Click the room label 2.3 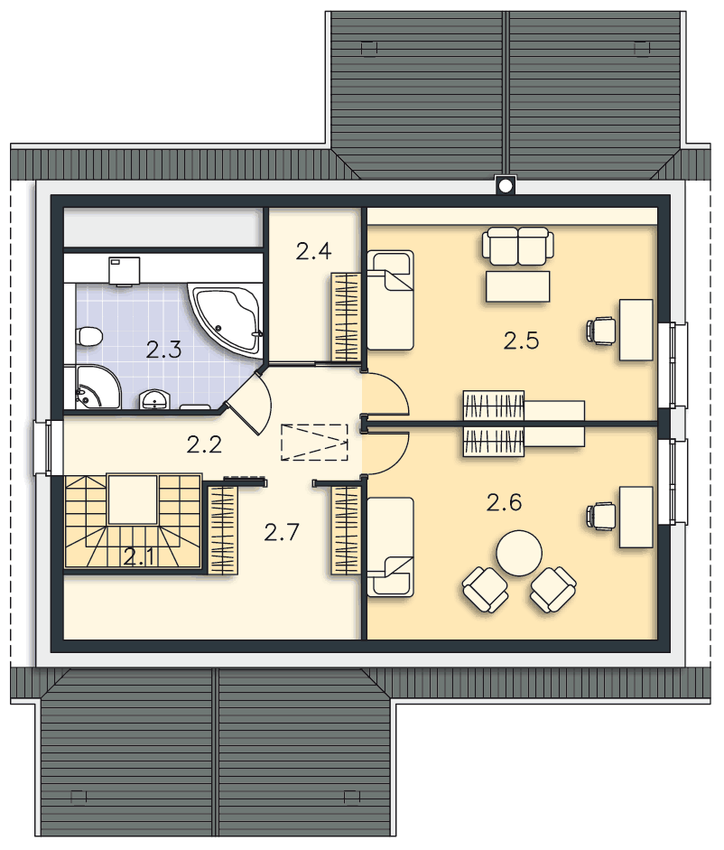click(x=163, y=350)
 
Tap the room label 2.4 click(x=314, y=251)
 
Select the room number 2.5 click(x=521, y=341)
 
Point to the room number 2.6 click(x=504, y=502)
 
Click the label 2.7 click(x=282, y=532)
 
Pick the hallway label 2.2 click(x=204, y=444)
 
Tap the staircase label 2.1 click(x=139, y=556)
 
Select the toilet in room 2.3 click(x=88, y=336)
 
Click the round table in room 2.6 click(x=519, y=553)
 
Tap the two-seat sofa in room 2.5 click(x=518, y=246)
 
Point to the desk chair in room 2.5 click(x=601, y=330)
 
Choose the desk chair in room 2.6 click(x=601, y=516)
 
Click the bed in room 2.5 click(x=390, y=300)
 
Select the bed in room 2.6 click(x=390, y=547)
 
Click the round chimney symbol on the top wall click(x=505, y=186)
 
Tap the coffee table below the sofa click(x=517, y=286)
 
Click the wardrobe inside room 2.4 click(x=346, y=316)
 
